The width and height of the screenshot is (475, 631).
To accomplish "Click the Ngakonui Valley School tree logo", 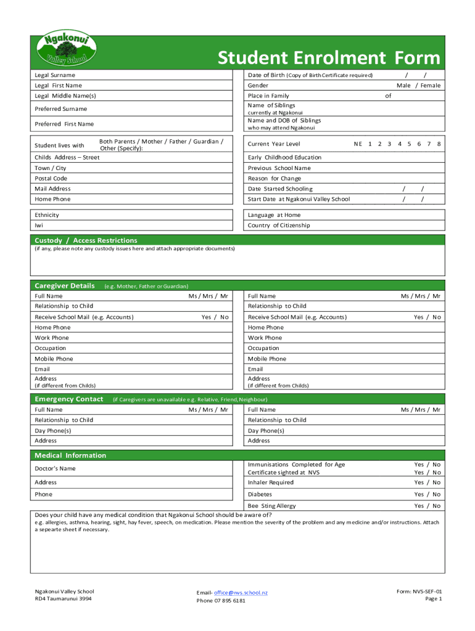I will pyautogui.click(x=65, y=51).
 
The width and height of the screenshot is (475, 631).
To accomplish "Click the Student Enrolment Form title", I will pyautogui.click(x=329, y=58).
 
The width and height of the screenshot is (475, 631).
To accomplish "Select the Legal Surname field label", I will pyautogui.click(x=55, y=75).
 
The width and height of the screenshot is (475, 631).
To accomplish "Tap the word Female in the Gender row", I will pyautogui.click(x=430, y=86).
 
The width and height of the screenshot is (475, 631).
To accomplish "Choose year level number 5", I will pyautogui.click(x=409, y=144).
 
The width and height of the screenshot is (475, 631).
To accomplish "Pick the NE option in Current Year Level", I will pyautogui.click(x=358, y=144).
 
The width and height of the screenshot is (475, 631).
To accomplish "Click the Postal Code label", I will pyautogui.click(x=51, y=179).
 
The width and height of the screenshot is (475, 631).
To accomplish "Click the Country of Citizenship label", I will pyautogui.click(x=279, y=226).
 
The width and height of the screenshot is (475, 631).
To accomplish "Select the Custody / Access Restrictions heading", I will pyautogui.click(x=86, y=240).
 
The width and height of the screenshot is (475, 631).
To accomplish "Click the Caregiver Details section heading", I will pyautogui.click(x=65, y=286).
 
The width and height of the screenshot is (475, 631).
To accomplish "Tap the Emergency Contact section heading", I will pyautogui.click(x=68, y=399).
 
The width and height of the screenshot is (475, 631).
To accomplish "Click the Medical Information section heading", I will pyautogui.click(x=70, y=455).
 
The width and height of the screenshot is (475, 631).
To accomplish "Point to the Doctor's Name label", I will pyautogui.click(x=56, y=468).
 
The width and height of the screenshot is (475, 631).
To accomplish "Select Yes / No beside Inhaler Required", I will pyautogui.click(x=427, y=482).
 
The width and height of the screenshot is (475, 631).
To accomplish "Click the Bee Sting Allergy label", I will pyautogui.click(x=271, y=506).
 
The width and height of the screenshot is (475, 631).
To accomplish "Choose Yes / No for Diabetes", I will pyautogui.click(x=427, y=494).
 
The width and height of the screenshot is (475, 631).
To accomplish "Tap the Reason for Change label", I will pyautogui.click(x=275, y=179).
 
